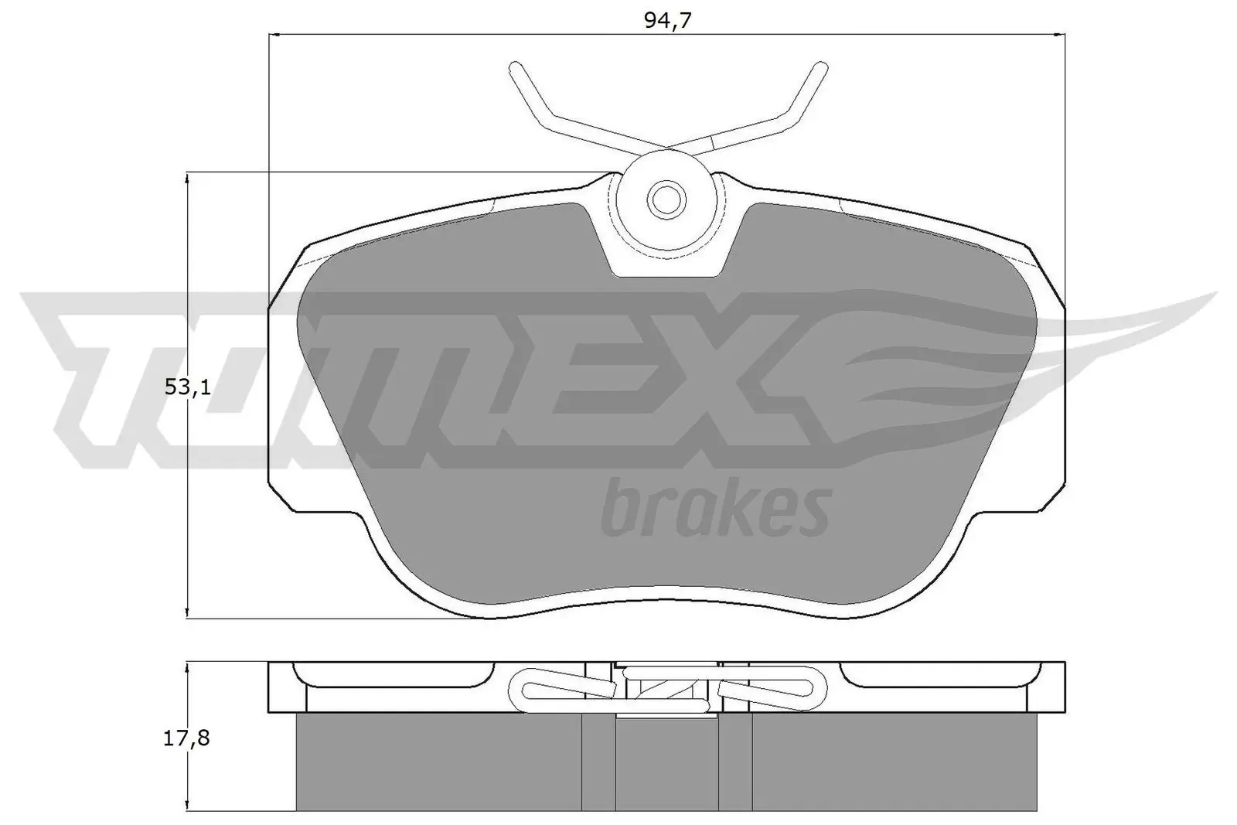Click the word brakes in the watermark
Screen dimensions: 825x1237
click(x=715, y=509)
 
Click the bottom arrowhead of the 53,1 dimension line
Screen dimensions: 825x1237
click(x=186, y=612)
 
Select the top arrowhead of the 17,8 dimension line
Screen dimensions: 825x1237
click(x=186, y=667)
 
